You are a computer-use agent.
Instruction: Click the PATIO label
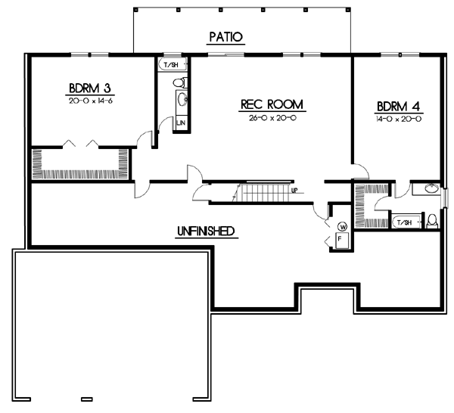227,37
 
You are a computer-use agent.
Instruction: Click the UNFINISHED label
204,231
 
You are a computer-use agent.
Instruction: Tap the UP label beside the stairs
294,191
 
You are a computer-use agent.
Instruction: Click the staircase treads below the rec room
265,192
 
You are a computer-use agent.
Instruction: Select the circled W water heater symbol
342,226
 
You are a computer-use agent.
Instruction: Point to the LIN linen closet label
181,123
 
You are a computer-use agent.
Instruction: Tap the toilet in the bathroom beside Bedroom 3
180,82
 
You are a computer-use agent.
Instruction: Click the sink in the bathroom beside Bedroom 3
182,100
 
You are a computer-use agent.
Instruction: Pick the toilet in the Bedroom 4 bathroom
432,221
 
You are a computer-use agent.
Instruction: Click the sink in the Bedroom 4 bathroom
430,189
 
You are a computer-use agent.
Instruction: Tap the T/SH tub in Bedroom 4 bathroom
404,222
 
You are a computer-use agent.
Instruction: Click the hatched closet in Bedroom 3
79,163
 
